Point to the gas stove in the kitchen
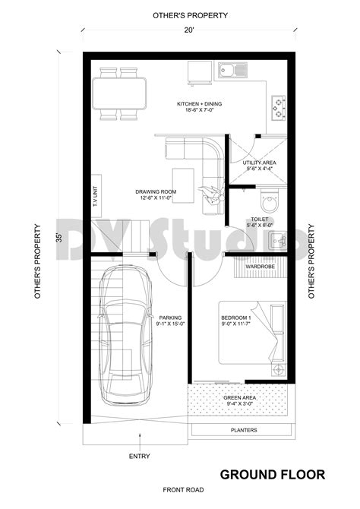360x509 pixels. coord(278,106)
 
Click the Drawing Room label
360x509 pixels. coord(156,194)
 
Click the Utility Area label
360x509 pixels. coord(259,166)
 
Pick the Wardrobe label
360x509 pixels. coord(260,267)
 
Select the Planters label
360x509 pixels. coord(242,430)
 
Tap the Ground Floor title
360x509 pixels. coord(272,475)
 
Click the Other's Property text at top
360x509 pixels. coord(179,14)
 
